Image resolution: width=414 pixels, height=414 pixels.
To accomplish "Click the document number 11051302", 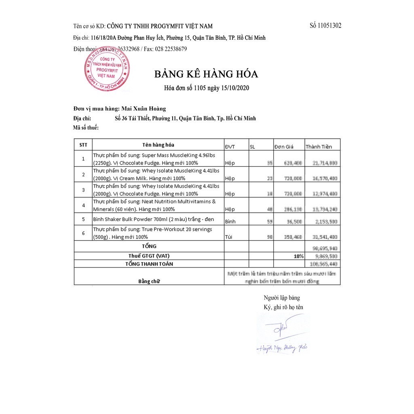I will pos(325,25).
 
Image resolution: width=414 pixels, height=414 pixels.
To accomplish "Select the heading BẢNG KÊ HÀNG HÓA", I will pos(206,74).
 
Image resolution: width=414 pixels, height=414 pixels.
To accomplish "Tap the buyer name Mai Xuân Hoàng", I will pos(144,109).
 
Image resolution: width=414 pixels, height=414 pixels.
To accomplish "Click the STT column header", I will pos(83,145).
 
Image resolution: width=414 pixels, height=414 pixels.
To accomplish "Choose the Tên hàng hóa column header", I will pos(158,145).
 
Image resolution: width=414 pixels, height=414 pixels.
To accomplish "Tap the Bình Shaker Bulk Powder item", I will pos(153,219).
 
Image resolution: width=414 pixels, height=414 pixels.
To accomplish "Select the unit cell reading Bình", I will pos(230,222).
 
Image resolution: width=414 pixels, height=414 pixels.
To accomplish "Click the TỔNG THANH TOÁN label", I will pos(149,264).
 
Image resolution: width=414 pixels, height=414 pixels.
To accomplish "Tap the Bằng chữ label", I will pos(149,281).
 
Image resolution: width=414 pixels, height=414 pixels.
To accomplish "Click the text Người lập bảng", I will pos(282,298).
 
